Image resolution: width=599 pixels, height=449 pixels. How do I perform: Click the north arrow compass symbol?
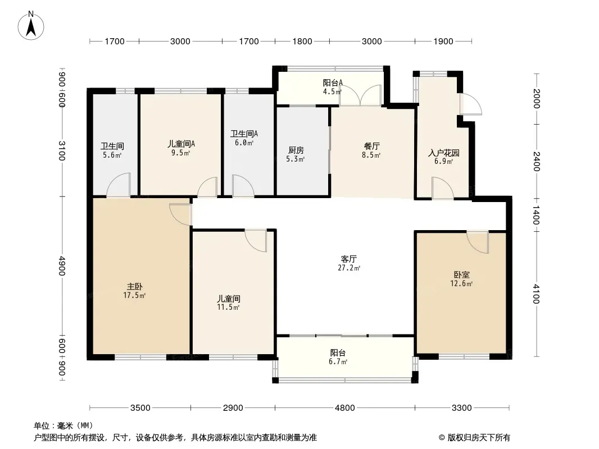31,26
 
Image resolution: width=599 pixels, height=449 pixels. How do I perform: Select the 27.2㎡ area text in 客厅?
349,268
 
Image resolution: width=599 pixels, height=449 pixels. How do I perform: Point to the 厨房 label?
296,150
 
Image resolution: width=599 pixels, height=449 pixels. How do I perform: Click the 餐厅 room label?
371,146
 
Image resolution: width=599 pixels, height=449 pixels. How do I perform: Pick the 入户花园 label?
443,153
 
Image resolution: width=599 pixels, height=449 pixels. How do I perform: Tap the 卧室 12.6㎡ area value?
461,283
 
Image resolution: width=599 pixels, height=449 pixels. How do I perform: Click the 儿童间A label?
181,144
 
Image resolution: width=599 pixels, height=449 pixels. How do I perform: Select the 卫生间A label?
244,134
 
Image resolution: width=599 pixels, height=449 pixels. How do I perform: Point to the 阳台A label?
332,83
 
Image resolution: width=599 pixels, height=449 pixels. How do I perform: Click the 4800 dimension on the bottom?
344,408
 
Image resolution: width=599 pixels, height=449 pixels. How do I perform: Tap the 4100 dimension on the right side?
536,294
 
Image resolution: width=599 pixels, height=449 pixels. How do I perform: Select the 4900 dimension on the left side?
62,266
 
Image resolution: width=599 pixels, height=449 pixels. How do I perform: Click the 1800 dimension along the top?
302,41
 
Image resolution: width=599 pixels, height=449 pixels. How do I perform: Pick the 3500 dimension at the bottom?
140,408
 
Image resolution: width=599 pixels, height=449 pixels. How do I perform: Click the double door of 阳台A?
361,95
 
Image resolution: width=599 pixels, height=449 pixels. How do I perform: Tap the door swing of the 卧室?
478,242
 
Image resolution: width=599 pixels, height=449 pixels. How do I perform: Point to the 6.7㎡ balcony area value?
338,361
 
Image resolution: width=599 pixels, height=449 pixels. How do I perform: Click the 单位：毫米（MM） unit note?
63,426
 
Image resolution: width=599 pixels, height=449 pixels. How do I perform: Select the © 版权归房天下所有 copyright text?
474,438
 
